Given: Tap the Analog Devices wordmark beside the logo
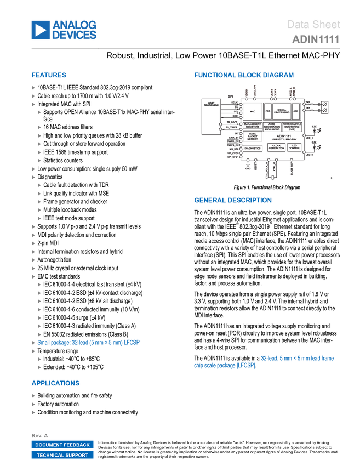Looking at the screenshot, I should point(75,30).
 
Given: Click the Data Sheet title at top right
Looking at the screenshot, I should point(313,24).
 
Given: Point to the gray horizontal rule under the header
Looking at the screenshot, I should point(186,48).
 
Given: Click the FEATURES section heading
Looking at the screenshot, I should point(49,75).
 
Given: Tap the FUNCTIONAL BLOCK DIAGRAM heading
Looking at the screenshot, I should point(243,75).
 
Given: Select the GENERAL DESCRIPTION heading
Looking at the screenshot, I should point(232,201).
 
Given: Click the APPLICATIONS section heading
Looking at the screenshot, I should point(55,383).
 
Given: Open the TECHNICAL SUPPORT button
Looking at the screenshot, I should point(62,455).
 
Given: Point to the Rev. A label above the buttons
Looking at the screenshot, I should point(37,435).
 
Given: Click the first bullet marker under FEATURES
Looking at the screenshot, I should point(33,88).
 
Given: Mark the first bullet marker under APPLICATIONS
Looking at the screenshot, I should point(33,395).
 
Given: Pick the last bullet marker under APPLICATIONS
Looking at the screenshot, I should point(33,412).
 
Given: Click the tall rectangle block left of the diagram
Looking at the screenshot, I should point(209,116).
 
